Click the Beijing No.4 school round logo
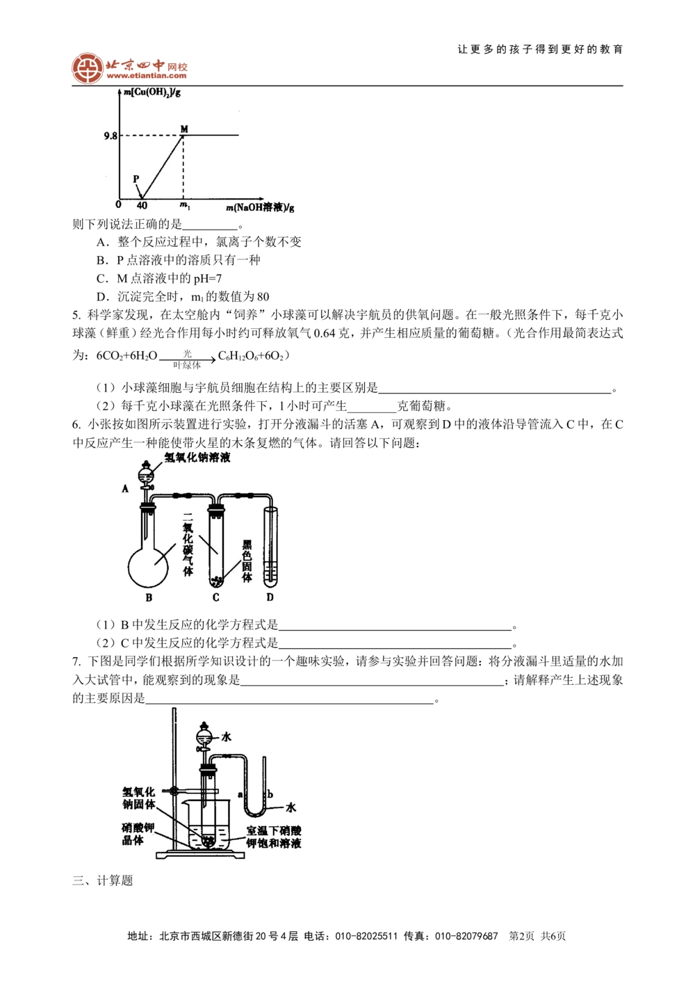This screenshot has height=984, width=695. click(88, 67)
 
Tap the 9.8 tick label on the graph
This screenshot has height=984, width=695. click(111, 136)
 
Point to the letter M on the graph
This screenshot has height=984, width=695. click(184, 129)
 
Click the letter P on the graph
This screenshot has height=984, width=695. click(136, 179)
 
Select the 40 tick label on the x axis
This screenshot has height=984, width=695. click(142, 206)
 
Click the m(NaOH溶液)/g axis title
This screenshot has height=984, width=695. click(260, 207)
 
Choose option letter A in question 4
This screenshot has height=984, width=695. click(102, 242)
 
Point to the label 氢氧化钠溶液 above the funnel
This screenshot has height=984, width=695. click(197, 458)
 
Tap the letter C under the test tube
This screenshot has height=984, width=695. click(215, 597)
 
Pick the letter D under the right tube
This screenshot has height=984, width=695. click(270, 597)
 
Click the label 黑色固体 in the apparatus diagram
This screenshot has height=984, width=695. click(246, 560)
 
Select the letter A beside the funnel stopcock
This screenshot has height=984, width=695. click(125, 489)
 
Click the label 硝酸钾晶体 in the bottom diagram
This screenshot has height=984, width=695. click(138, 834)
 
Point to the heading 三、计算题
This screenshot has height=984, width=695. click(102, 881)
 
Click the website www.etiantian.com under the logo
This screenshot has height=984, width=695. click(146, 76)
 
